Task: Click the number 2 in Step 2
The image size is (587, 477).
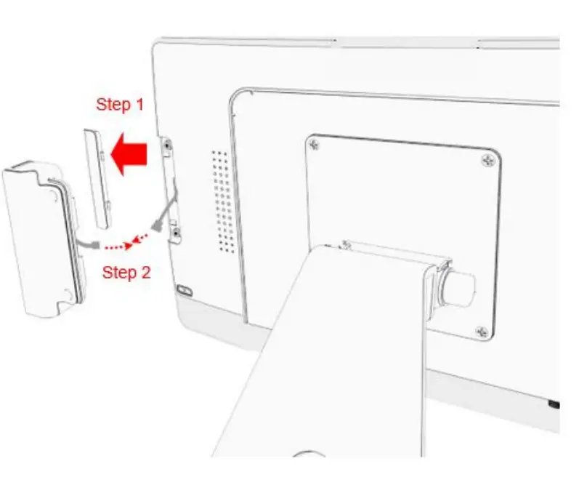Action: click(x=145, y=273)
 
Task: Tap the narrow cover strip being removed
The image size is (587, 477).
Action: click(x=100, y=177)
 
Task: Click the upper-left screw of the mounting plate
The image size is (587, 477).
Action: click(x=314, y=145)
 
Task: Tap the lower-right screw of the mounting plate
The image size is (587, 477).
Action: click(x=480, y=332)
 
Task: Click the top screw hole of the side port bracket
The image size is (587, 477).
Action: click(x=169, y=146)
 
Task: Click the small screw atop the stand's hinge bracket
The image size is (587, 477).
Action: click(x=345, y=245)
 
